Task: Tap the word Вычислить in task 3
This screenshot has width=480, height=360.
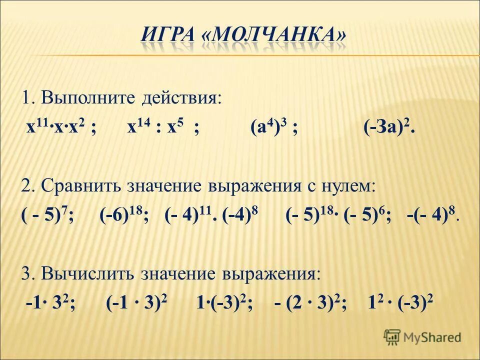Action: (x=85, y=273)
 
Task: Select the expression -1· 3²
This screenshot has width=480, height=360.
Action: (x=50, y=303)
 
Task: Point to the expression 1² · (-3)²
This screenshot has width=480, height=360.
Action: (x=400, y=303)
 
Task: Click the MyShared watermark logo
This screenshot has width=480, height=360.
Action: (x=422, y=337)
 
